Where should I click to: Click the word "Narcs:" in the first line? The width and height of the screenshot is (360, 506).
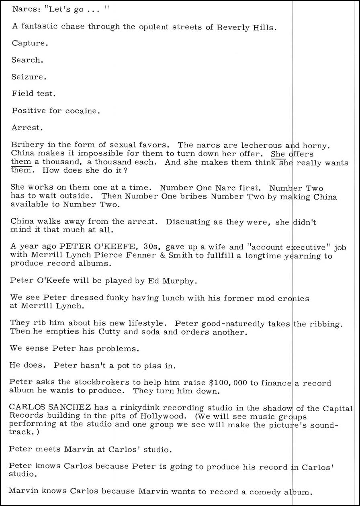point(25,9)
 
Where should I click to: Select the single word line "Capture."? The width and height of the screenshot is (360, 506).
point(30,43)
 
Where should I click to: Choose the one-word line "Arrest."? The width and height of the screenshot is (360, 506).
point(27,128)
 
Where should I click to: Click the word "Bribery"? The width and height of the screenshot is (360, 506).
point(25,145)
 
